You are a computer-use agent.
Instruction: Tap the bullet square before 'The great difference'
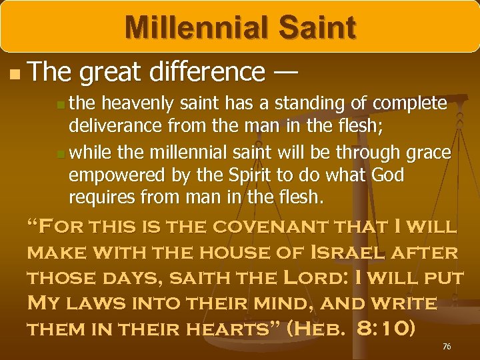16,73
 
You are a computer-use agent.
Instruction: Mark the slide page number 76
447,347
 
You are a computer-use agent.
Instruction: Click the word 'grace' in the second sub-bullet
427,153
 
